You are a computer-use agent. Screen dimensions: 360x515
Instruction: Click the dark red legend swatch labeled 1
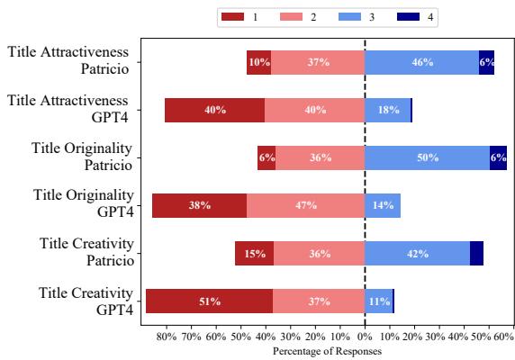232,18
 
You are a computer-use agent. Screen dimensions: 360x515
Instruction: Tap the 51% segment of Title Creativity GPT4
209,301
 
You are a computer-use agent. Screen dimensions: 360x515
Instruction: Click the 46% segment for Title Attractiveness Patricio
421,62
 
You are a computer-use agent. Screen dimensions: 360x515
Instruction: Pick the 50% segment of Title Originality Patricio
427,157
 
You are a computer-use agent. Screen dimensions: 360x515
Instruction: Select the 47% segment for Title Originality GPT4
305,205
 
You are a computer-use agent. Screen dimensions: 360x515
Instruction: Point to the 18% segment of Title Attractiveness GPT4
387,110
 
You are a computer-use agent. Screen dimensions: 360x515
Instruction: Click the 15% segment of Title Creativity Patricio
255,253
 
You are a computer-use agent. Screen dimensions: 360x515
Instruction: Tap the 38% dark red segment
199,205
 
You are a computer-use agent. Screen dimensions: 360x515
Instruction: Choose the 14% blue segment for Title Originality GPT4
383,205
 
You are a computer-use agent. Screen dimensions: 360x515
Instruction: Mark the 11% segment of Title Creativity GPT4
378,301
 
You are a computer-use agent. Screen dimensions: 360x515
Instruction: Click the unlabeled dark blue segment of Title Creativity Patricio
476,253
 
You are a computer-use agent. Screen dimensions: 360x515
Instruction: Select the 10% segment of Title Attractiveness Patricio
258,62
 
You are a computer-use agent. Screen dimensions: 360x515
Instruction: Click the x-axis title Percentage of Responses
327,351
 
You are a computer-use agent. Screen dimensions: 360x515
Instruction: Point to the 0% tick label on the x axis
365,337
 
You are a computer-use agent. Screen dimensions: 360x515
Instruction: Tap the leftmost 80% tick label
166,337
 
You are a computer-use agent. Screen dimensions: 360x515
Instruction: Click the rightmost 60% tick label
503,337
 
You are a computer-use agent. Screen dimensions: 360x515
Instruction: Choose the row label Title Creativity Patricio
86,252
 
